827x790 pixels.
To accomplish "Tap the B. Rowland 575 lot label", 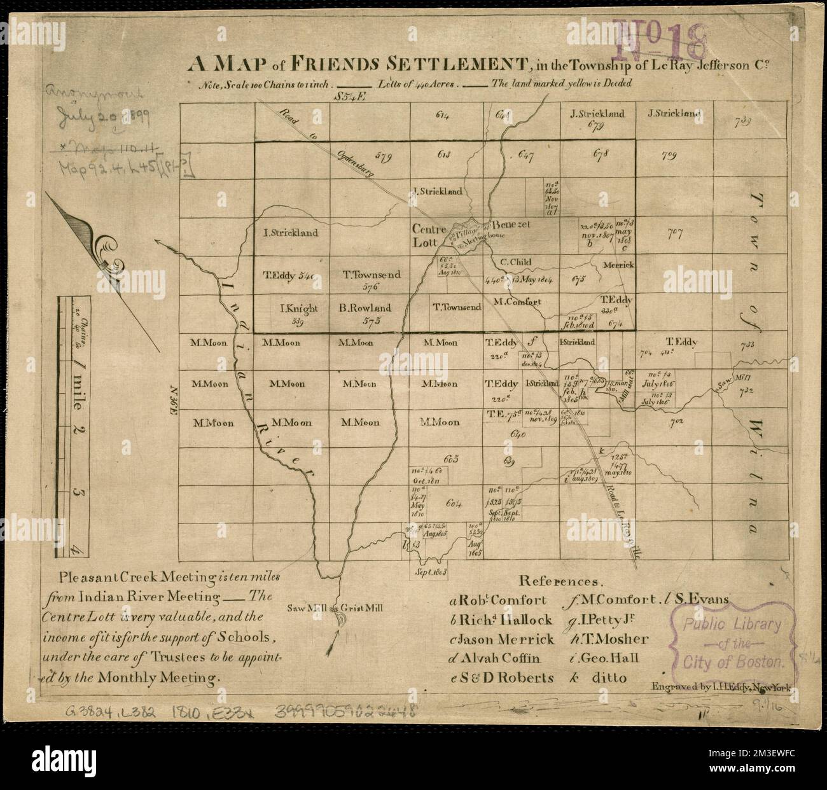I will [x=365, y=312].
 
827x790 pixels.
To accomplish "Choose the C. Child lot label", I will [x=515, y=261].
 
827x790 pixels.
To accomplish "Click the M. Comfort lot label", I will [x=517, y=301].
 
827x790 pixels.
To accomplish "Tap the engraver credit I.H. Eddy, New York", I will [x=719, y=688].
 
